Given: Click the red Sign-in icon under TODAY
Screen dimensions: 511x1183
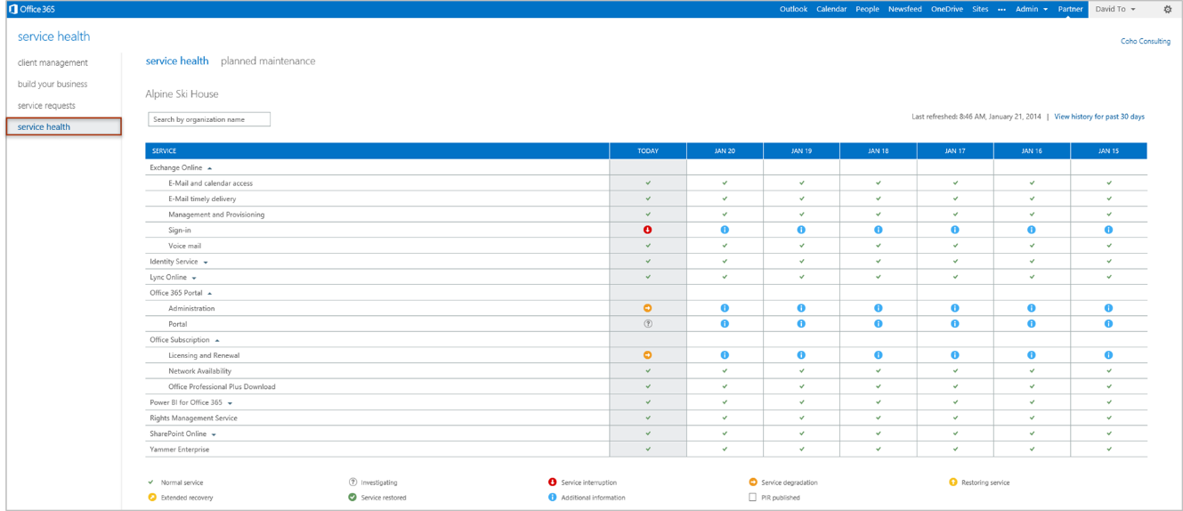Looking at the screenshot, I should point(648,230).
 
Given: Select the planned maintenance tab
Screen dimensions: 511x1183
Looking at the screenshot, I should point(268,61).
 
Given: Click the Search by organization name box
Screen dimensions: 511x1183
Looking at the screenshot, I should point(209,119).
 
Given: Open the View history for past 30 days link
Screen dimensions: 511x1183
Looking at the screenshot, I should point(1099,117).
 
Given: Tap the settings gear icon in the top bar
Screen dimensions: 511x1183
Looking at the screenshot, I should point(1168,9).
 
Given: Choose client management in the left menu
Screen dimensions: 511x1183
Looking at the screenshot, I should point(53,63).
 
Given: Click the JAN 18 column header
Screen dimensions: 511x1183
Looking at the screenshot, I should point(878,151).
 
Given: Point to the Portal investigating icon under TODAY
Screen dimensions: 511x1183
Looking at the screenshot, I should point(648,324).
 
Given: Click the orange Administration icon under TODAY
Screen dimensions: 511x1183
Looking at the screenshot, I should point(648,308).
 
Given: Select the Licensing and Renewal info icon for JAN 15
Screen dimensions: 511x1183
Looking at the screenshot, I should point(1109,355).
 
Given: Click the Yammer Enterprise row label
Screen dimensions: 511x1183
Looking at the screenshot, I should point(179,450).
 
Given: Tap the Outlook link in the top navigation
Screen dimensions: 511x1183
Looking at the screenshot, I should point(793,9).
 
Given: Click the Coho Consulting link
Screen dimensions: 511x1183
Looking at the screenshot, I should point(1145,41).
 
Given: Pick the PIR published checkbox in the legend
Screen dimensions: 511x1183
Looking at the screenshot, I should point(752,498).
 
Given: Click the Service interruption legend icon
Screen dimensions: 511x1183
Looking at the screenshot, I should point(553,483).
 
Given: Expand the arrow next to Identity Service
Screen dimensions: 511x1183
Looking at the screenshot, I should point(206,263).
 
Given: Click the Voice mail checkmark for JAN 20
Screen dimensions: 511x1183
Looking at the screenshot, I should point(725,246).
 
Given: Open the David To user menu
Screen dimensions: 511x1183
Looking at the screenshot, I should point(1114,9).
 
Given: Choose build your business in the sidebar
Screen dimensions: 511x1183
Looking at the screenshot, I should point(53,85).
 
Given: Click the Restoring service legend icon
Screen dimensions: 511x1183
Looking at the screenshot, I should point(953,483).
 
